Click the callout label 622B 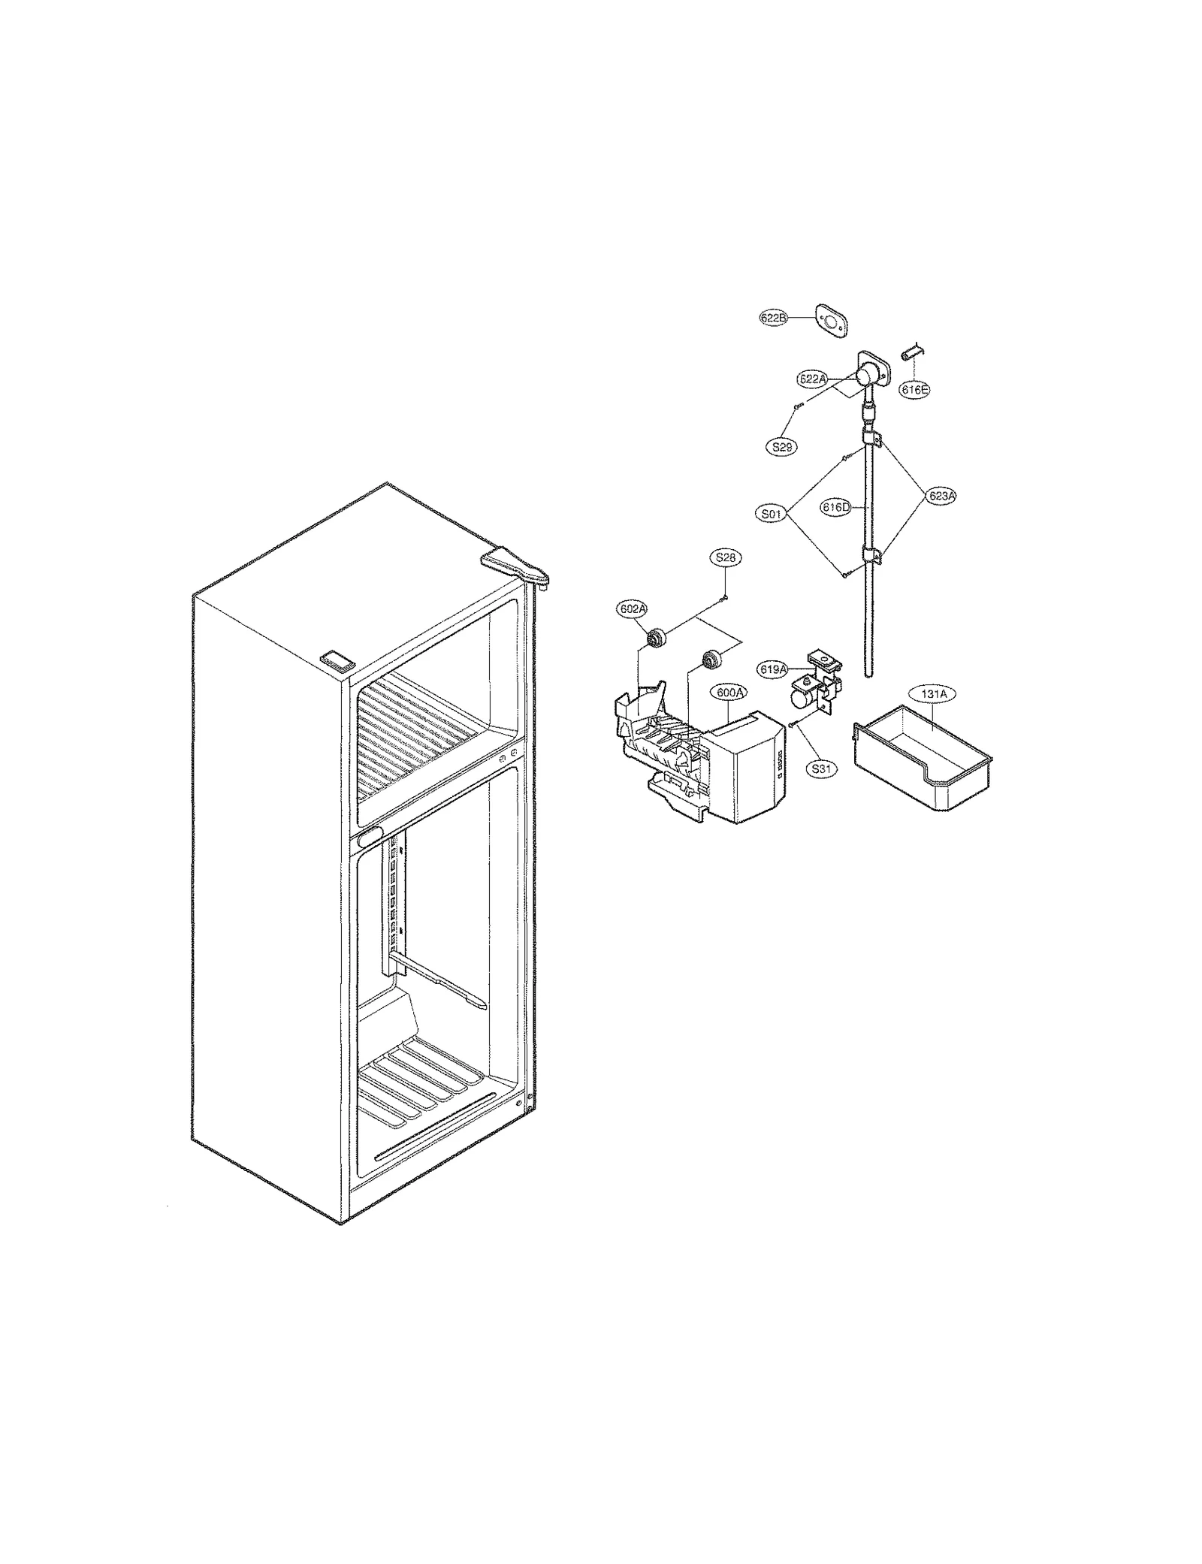pos(772,319)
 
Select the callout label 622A pos(812,379)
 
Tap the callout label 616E pos(914,390)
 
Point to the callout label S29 pos(782,447)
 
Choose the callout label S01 pos(771,515)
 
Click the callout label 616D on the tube pos(835,508)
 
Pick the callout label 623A pos(941,496)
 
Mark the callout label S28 pos(725,557)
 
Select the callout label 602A pos(632,608)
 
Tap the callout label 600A pos(728,693)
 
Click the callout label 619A pos(772,669)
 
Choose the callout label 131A pos(932,694)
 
